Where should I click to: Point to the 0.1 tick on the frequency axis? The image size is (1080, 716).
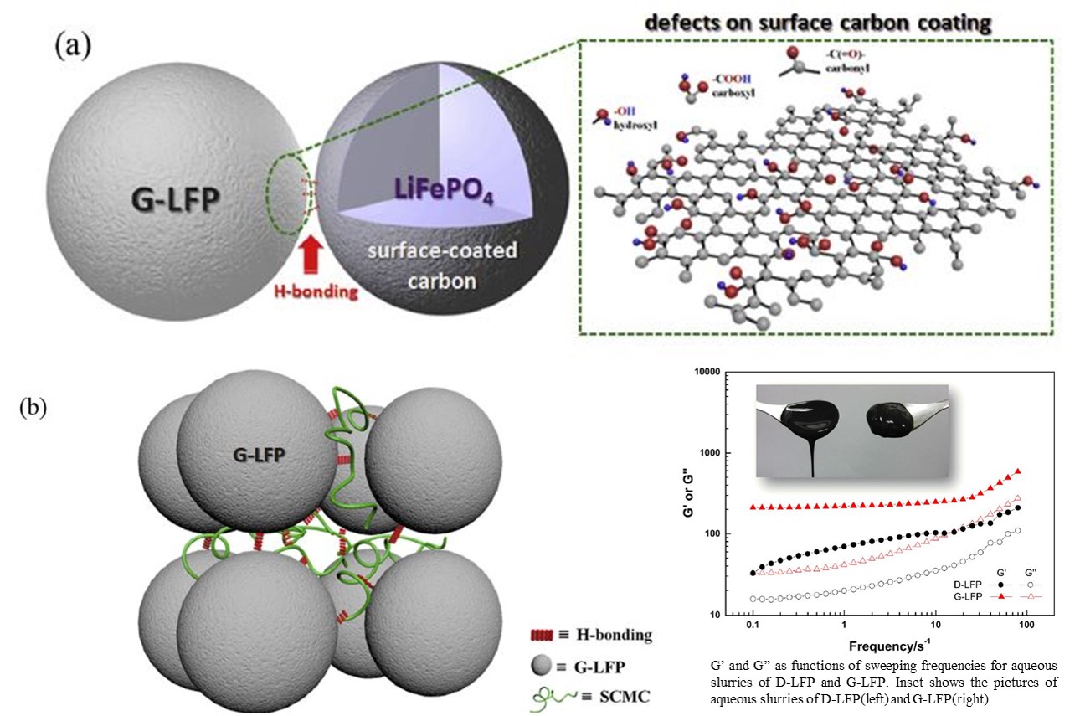point(752,626)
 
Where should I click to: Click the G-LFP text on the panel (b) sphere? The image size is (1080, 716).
point(257,454)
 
